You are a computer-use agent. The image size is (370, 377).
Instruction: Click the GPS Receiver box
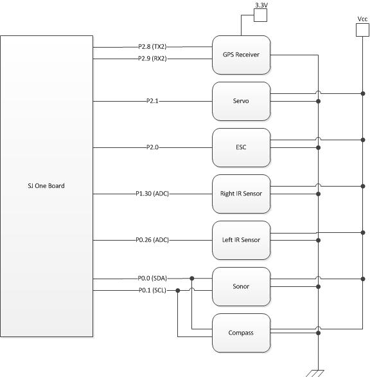tap(241, 55)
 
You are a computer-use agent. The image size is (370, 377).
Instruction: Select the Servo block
tap(241, 101)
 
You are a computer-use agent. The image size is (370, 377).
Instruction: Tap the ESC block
tap(241, 147)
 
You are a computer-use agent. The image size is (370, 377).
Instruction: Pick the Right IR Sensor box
tap(241, 194)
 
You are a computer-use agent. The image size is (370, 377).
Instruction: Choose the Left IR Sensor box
tap(241, 240)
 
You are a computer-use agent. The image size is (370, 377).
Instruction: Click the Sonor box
tap(241, 286)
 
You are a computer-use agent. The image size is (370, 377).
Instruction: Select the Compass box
tap(241, 333)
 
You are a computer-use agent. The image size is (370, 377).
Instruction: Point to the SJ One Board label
tap(46, 186)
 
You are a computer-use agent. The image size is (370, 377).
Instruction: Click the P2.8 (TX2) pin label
tap(152, 47)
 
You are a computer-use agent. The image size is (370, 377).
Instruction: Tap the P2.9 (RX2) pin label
tap(152, 59)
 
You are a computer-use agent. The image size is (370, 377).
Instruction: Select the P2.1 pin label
tap(152, 101)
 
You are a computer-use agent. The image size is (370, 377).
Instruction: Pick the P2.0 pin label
tap(152, 147)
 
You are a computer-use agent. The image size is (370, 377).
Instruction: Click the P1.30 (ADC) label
tap(152, 194)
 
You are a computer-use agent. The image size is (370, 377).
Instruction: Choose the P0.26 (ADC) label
tap(152, 240)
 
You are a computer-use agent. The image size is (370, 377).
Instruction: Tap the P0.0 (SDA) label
tap(152, 279)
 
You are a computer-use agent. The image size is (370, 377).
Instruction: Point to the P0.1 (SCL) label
tap(152, 290)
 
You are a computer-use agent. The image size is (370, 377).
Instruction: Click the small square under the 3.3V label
tap(261, 15)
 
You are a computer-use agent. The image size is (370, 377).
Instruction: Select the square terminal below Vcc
tap(362, 30)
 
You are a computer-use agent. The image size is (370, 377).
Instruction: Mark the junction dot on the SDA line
tap(192, 279)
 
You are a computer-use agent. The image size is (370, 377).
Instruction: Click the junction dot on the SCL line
tap(178, 290)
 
